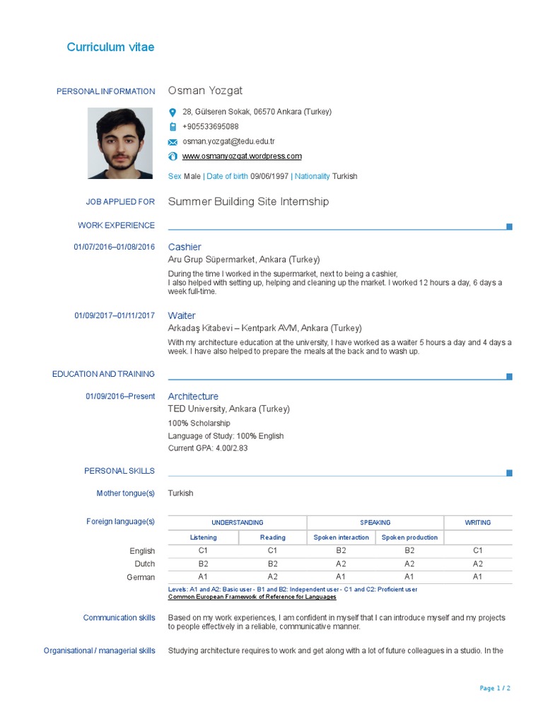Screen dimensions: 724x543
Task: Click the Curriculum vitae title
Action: click(x=110, y=47)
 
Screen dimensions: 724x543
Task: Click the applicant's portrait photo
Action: click(x=119, y=143)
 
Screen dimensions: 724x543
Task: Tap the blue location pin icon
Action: click(x=173, y=112)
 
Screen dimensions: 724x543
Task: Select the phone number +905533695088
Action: click(x=211, y=127)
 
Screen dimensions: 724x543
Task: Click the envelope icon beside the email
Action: click(x=173, y=142)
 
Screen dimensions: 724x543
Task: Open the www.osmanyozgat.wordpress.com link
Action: click(x=242, y=156)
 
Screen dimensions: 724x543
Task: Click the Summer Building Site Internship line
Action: click(x=248, y=202)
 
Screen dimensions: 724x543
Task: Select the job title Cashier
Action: click(x=185, y=247)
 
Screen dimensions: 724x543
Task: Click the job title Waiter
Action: click(x=182, y=315)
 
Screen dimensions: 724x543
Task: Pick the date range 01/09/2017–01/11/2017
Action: click(x=115, y=315)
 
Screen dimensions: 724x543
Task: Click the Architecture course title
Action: click(x=193, y=397)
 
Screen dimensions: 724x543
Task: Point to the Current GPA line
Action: click(x=208, y=448)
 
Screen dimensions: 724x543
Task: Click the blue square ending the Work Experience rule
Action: click(x=509, y=226)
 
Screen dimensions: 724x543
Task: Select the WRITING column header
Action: click(x=477, y=522)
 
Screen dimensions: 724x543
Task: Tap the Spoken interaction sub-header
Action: click(x=341, y=537)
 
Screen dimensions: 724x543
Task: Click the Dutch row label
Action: click(x=144, y=564)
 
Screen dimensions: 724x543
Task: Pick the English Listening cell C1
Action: click(x=203, y=550)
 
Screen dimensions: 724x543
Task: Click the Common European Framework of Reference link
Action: click(x=242, y=597)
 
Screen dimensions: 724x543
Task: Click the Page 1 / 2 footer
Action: click(x=495, y=688)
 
